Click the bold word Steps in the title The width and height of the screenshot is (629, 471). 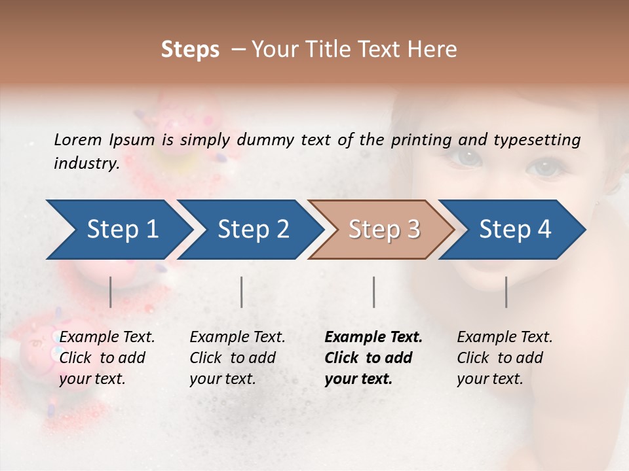pos(190,50)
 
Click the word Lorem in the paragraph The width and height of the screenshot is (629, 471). pos(77,139)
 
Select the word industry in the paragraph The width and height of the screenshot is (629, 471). pos(86,163)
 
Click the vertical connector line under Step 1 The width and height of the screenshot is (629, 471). pos(111,292)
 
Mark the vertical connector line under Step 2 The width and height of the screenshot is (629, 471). pos(242,292)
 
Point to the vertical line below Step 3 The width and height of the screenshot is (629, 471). pos(374,292)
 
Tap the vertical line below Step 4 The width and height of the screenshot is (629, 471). pos(506,292)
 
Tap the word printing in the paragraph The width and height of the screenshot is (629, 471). pos(421,139)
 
